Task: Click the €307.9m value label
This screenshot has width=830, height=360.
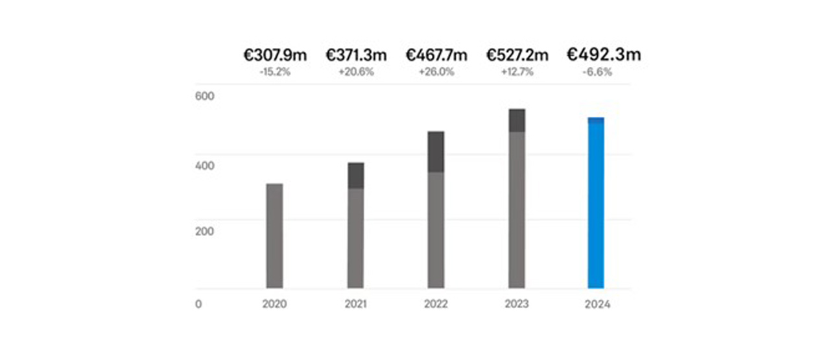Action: tap(274, 56)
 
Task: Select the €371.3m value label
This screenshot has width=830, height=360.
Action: tap(355, 56)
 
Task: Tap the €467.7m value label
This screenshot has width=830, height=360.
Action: tap(436, 56)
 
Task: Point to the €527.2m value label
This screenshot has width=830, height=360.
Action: tap(517, 56)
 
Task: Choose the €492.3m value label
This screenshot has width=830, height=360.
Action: tap(604, 54)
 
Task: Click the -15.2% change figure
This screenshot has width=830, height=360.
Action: tap(274, 72)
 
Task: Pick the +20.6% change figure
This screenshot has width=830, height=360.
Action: tap(355, 72)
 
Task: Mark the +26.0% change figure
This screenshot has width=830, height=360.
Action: tap(436, 72)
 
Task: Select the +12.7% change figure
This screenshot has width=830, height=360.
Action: tap(517, 72)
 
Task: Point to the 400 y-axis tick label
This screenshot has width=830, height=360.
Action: tap(204, 165)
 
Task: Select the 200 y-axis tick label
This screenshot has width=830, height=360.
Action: tap(204, 231)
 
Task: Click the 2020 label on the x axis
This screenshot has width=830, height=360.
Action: tap(274, 304)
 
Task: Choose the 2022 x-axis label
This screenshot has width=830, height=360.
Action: tap(436, 304)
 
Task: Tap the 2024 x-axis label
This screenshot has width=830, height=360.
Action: tap(596, 304)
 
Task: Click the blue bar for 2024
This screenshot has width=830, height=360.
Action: tap(596, 204)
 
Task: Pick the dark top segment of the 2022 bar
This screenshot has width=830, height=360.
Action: tap(436, 152)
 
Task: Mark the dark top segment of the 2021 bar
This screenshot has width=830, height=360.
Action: tap(355, 175)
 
